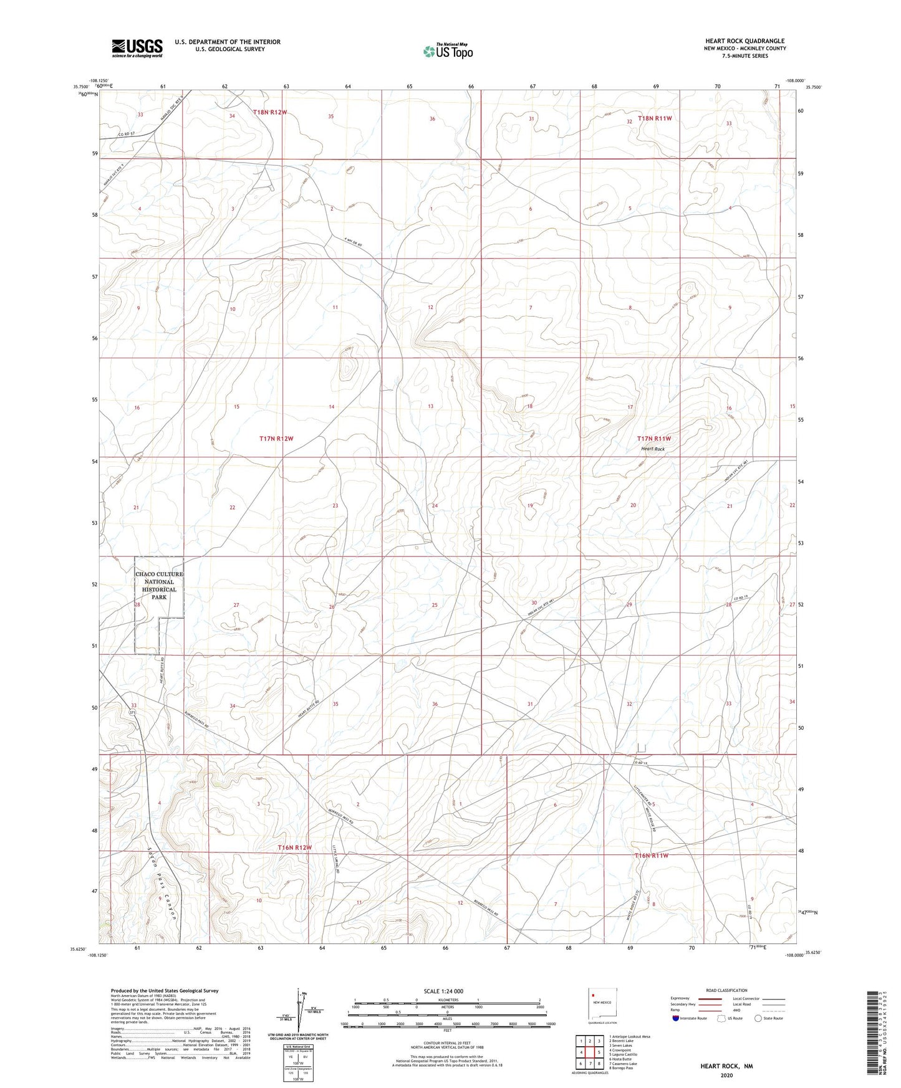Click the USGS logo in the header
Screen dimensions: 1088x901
[137, 48]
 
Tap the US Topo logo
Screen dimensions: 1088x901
[447, 51]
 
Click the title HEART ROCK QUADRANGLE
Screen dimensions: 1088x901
[744, 41]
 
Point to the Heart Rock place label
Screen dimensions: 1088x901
[653, 449]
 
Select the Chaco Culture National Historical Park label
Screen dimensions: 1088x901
[159, 585]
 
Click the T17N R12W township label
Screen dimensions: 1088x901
[276, 439]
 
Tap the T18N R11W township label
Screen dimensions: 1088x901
[655, 118]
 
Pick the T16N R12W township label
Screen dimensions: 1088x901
[294, 848]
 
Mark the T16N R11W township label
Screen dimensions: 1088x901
[652, 856]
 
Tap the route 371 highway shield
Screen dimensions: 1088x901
[132, 712]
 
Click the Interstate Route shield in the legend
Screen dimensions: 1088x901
[677, 1018]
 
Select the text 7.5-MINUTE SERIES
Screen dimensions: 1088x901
[744, 55]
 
